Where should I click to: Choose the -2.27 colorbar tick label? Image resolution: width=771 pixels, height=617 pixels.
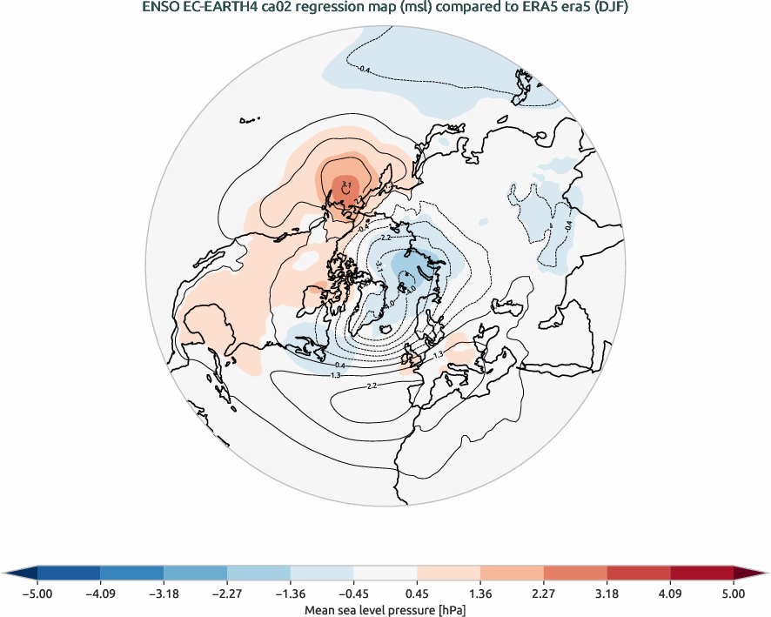[227, 594]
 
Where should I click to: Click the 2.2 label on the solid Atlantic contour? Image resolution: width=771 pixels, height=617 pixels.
[372, 386]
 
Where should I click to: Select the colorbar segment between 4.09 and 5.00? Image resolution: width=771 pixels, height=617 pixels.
[702, 573]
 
